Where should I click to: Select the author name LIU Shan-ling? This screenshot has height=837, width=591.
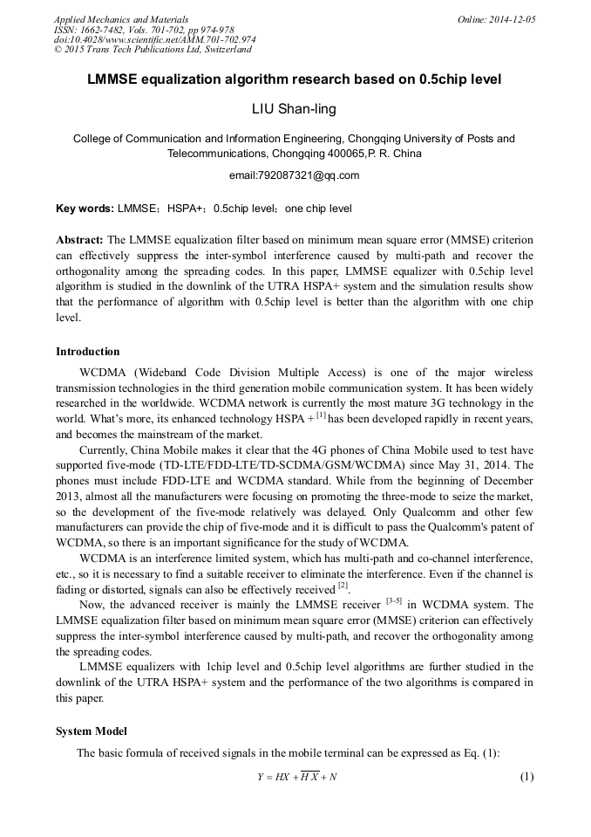click(294, 109)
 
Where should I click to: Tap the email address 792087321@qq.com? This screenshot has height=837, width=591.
click(294, 175)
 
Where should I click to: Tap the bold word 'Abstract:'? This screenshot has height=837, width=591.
click(80, 239)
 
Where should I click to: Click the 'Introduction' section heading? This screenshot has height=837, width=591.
click(88, 352)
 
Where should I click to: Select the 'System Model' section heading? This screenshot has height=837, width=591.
click(91, 731)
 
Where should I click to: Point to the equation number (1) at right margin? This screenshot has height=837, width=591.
click(526, 777)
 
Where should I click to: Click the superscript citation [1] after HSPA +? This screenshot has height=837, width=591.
click(321, 416)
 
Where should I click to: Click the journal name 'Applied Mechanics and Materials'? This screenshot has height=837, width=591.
click(120, 19)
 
